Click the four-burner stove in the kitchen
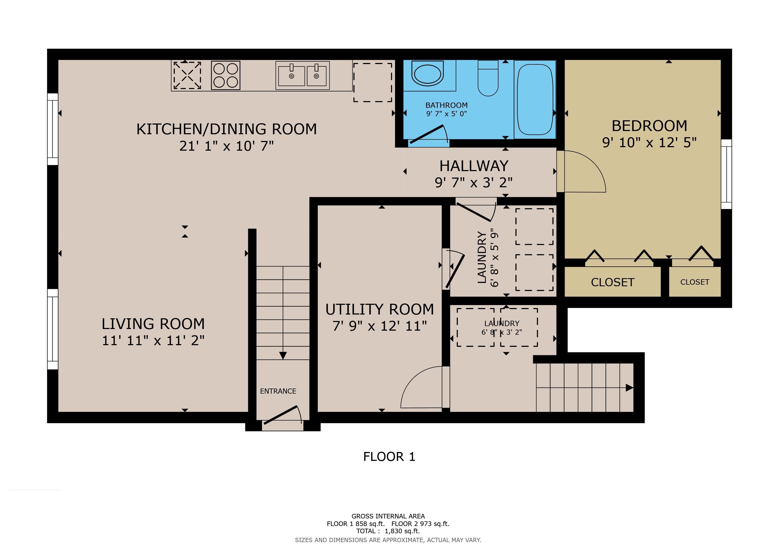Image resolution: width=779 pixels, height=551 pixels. click(x=226, y=75)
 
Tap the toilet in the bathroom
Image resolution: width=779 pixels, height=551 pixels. click(x=488, y=78)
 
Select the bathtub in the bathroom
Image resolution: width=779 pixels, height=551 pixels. click(x=535, y=99)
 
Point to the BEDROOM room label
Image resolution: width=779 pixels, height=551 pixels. click(x=649, y=126)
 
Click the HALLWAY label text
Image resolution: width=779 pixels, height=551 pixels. click(x=474, y=166)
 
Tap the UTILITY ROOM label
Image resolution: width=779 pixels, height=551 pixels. click(x=380, y=309)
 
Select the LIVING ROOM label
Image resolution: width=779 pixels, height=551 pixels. click(x=153, y=324)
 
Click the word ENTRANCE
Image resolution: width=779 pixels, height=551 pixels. click(x=278, y=391)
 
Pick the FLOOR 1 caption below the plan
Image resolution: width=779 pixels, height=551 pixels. click(x=389, y=457)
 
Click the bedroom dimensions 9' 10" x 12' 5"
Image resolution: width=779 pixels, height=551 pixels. click(x=649, y=143)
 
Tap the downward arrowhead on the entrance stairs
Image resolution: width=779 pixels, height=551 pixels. click(x=283, y=356)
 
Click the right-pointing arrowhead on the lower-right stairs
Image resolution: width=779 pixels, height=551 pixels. click(x=629, y=387)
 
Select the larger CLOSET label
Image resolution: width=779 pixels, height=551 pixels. click(x=612, y=282)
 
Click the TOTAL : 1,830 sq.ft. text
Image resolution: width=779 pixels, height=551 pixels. click(x=388, y=531)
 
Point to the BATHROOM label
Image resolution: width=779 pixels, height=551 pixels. click(x=447, y=105)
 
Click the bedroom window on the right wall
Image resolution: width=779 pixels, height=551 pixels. click(x=726, y=174)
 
